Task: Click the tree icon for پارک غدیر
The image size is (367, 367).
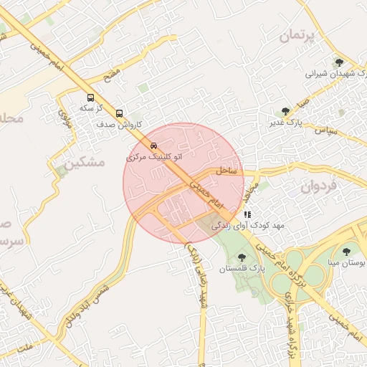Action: pos(286,112)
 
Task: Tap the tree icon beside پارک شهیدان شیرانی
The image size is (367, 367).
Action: pos(339,63)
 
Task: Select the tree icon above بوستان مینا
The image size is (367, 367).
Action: pos(347,252)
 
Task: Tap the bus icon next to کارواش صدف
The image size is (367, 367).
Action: pos(119,113)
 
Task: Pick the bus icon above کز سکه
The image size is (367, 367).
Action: pos(90,97)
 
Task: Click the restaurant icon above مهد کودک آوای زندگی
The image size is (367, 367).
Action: pos(247,214)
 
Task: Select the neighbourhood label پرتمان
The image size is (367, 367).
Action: pos(297,35)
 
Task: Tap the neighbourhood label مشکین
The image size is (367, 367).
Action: pos(84,163)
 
